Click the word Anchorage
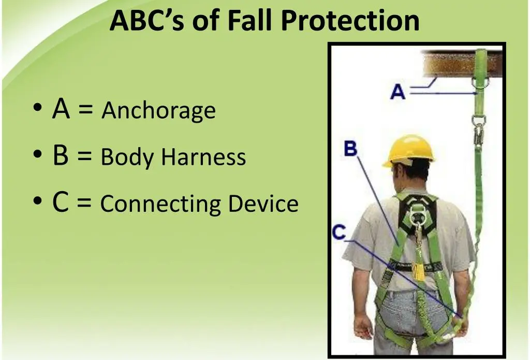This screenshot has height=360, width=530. (x=158, y=111)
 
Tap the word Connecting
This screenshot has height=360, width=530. (x=160, y=204)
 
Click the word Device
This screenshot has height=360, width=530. (x=263, y=204)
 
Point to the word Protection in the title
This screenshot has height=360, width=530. (x=350, y=20)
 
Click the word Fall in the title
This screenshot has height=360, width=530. (x=249, y=20)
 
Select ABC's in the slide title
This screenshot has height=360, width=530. (x=147, y=20)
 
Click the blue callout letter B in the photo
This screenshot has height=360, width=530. (x=350, y=148)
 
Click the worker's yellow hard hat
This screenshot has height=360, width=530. (x=409, y=150)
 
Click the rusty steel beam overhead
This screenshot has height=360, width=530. (x=461, y=64)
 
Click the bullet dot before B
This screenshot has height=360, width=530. (x=37, y=154)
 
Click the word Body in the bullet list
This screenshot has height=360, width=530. (x=127, y=157)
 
